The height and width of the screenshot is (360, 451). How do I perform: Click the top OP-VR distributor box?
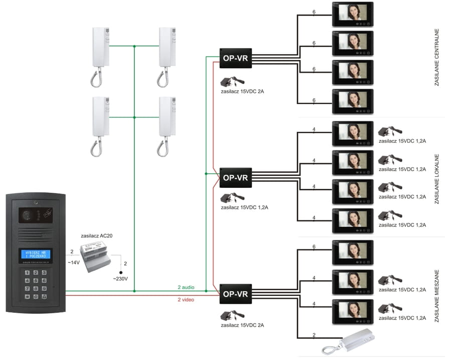235,58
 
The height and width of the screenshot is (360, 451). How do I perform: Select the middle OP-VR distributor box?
235,177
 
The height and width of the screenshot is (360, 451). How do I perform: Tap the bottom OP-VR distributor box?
235,293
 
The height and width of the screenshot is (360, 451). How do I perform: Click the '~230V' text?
121,278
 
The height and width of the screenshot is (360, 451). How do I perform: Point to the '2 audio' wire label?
186,287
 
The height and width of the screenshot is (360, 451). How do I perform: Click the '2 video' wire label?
186,299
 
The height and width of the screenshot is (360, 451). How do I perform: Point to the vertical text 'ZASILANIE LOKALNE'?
436,178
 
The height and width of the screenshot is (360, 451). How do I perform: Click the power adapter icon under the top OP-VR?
234,81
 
